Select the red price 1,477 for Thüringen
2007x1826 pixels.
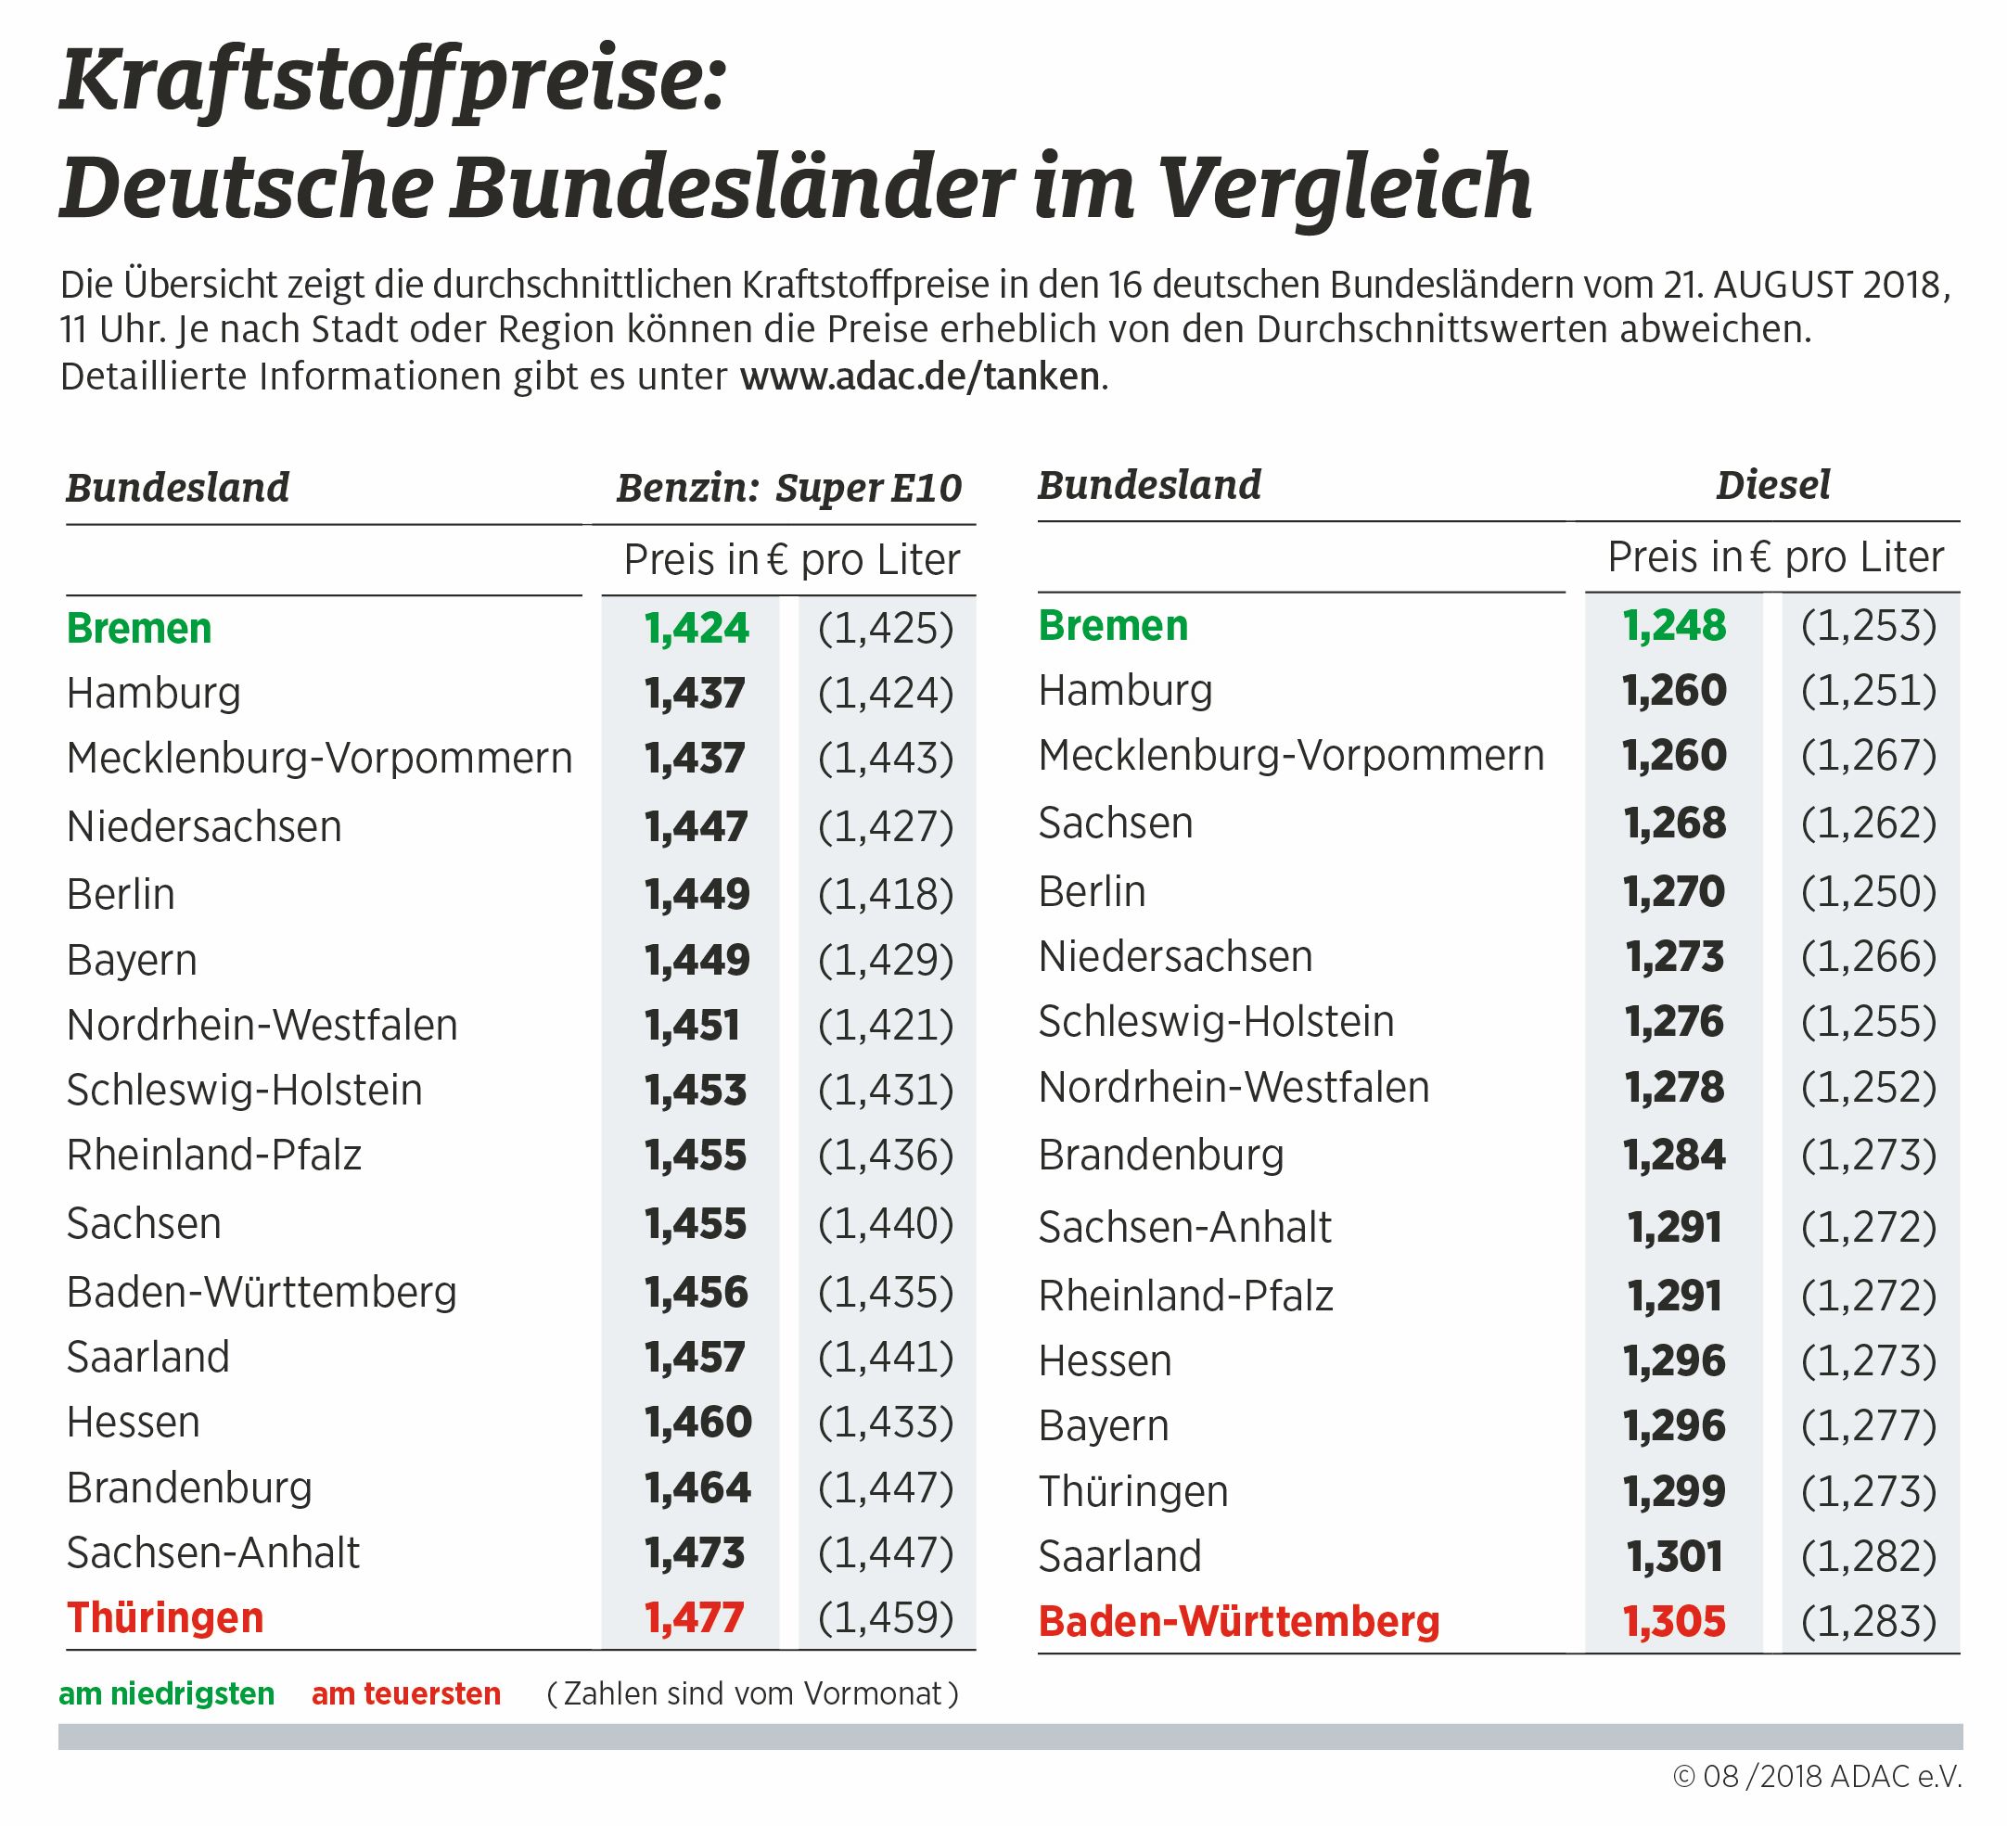click(695, 1618)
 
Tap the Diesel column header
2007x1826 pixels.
click(1773, 486)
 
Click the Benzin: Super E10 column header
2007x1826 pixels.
click(788, 488)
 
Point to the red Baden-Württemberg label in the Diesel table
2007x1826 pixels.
click(1238, 1621)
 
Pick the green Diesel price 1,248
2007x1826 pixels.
click(1673, 626)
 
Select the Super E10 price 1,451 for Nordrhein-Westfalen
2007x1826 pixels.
click(693, 1026)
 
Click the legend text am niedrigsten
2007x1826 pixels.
click(167, 1693)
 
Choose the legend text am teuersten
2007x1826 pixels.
click(406, 1693)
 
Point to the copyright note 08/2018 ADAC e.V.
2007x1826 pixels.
click(1817, 1776)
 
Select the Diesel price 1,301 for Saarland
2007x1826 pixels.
click(1673, 1556)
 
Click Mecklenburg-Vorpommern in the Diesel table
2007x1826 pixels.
click(1291, 756)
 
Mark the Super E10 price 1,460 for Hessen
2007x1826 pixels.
click(697, 1422)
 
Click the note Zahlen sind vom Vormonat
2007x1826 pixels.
click(753, 1693)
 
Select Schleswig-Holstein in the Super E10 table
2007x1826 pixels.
click(245, 1091)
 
